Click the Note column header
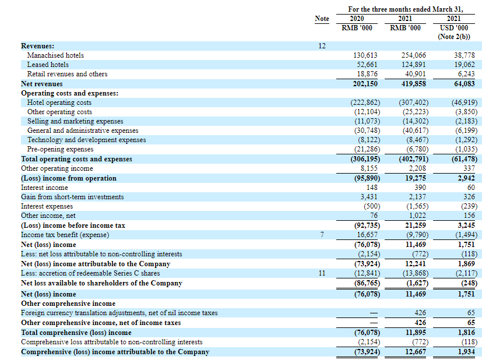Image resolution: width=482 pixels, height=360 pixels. (x=322, y=19)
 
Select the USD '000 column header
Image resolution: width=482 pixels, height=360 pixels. (x=454, y=28)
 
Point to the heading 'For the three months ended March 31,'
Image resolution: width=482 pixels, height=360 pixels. (x=406, y=9)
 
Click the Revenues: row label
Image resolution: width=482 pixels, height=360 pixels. (x=37, y=45)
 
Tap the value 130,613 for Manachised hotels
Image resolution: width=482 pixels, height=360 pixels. (x=365, y=55)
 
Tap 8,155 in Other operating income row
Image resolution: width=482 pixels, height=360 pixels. (x=368, y=168)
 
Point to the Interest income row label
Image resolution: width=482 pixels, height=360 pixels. (x=44, y=188)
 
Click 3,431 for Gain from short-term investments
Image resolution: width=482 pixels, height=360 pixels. (x=368, y=197)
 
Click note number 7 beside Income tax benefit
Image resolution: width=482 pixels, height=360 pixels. (x=322, y=235)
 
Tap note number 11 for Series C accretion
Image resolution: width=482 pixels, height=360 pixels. (x=322, y=273)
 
